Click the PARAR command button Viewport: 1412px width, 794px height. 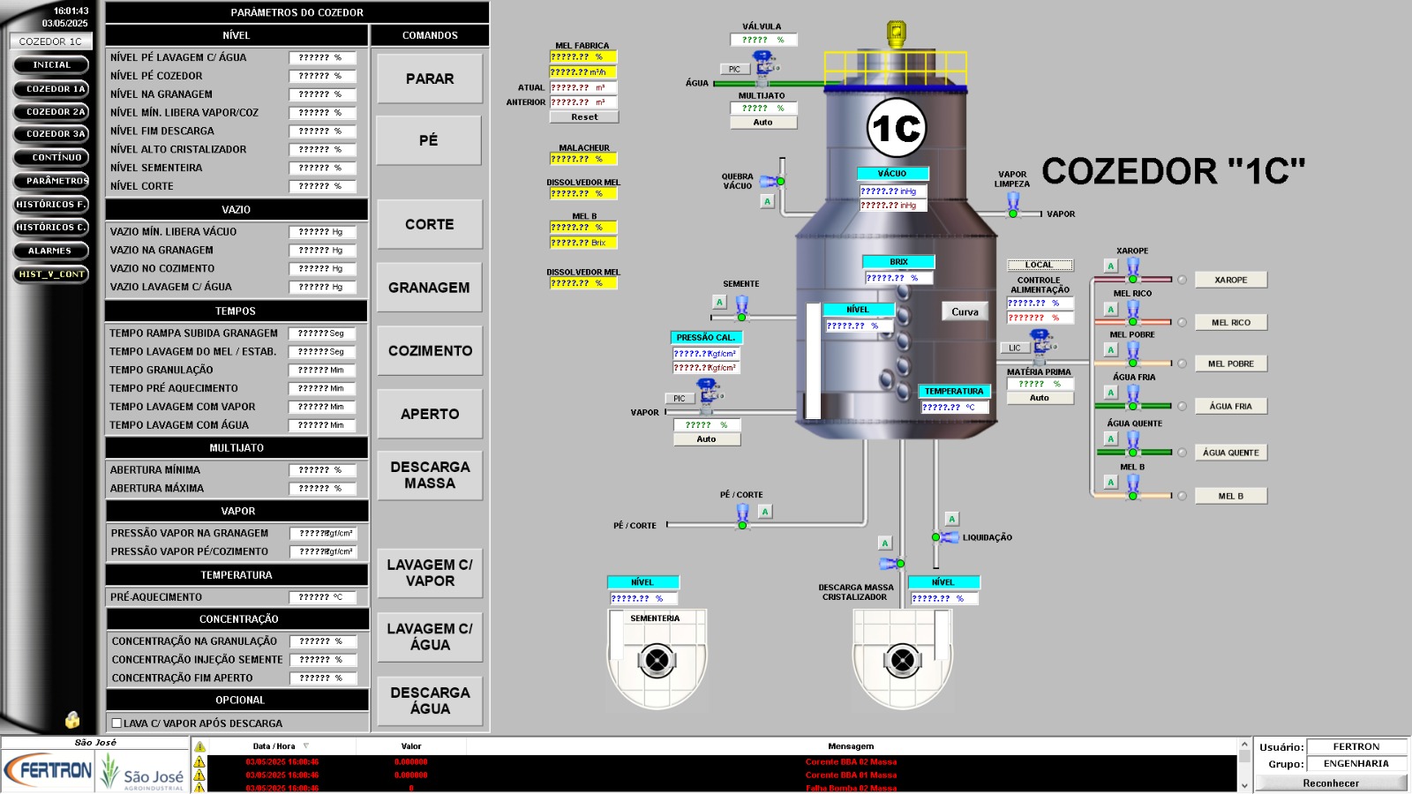[430, 79]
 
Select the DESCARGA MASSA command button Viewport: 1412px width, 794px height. [430, 476]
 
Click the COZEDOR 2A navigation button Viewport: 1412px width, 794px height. [52, 112]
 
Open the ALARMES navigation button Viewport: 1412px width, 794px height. [50, 251]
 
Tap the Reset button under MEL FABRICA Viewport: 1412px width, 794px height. [583, 116]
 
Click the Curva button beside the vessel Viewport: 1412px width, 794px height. [965, 311]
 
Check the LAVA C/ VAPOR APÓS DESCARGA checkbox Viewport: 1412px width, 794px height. [116, 723]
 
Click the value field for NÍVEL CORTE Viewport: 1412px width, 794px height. [322, 186]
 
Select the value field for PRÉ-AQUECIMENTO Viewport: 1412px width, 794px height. [322, 597]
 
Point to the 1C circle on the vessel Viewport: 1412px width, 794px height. [896, 129]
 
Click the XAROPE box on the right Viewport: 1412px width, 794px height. [1230, 280]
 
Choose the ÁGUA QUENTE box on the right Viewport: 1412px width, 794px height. [1230, 453]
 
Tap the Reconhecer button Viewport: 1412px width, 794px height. [1330, 783]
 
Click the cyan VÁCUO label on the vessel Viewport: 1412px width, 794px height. [892, 174]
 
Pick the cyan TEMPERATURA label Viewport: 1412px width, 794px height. [953, 391]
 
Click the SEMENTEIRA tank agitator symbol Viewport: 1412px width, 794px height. [657, 660]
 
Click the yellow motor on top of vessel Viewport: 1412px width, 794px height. [897, 34]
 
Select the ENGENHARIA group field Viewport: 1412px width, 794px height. [1356, 764]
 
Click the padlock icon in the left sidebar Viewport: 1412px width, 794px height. [72, 720]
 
